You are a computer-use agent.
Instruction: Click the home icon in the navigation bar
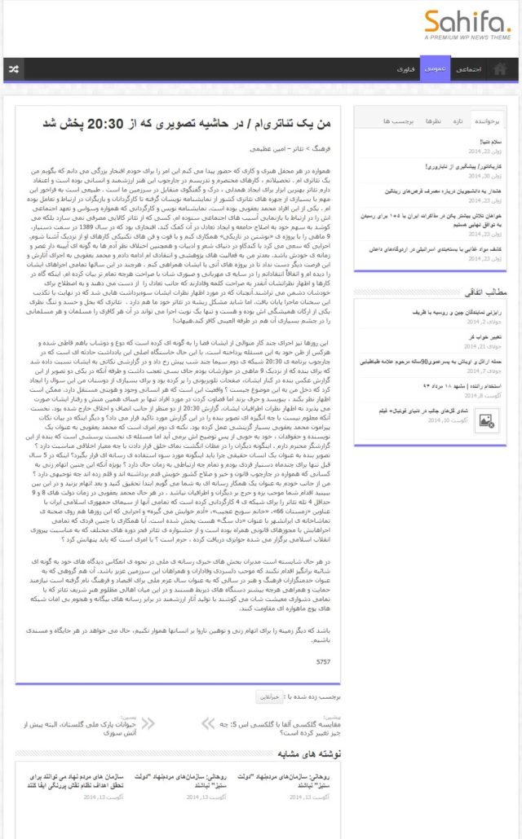point(500,70)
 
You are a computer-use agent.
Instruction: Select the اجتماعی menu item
point(467,70)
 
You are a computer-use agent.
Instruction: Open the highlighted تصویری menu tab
point(435,70)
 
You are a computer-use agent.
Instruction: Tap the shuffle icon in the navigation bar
point(14,70)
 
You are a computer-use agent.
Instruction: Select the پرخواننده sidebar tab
point(491,121)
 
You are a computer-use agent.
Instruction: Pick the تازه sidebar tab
point(459,121)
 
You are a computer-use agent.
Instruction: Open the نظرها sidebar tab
point(433,121)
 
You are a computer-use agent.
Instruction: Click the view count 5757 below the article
point(324,661)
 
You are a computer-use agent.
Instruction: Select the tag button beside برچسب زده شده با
point(268,696)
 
